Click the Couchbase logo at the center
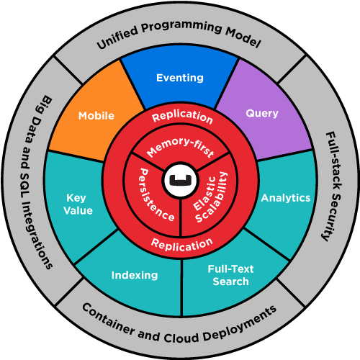(x=181, y=180)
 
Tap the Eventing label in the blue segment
(x=180, y=78)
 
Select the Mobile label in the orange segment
(x=96, y=116)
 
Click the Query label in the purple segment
(x=262, y=113)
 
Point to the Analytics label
(x=286, y=198)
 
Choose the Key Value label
(x=78, y=204)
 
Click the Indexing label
(x=135, y=275)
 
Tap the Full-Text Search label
(x=230, y=275)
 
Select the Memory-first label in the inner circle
(x=181, y=147)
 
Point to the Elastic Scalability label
(x=210, y=197)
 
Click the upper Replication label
(x=182, y=117)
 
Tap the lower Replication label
(x=182, y=245)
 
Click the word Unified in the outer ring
(x=117, y=37)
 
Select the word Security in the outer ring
(x=332, y=216)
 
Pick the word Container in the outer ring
(x=108, y=319)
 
